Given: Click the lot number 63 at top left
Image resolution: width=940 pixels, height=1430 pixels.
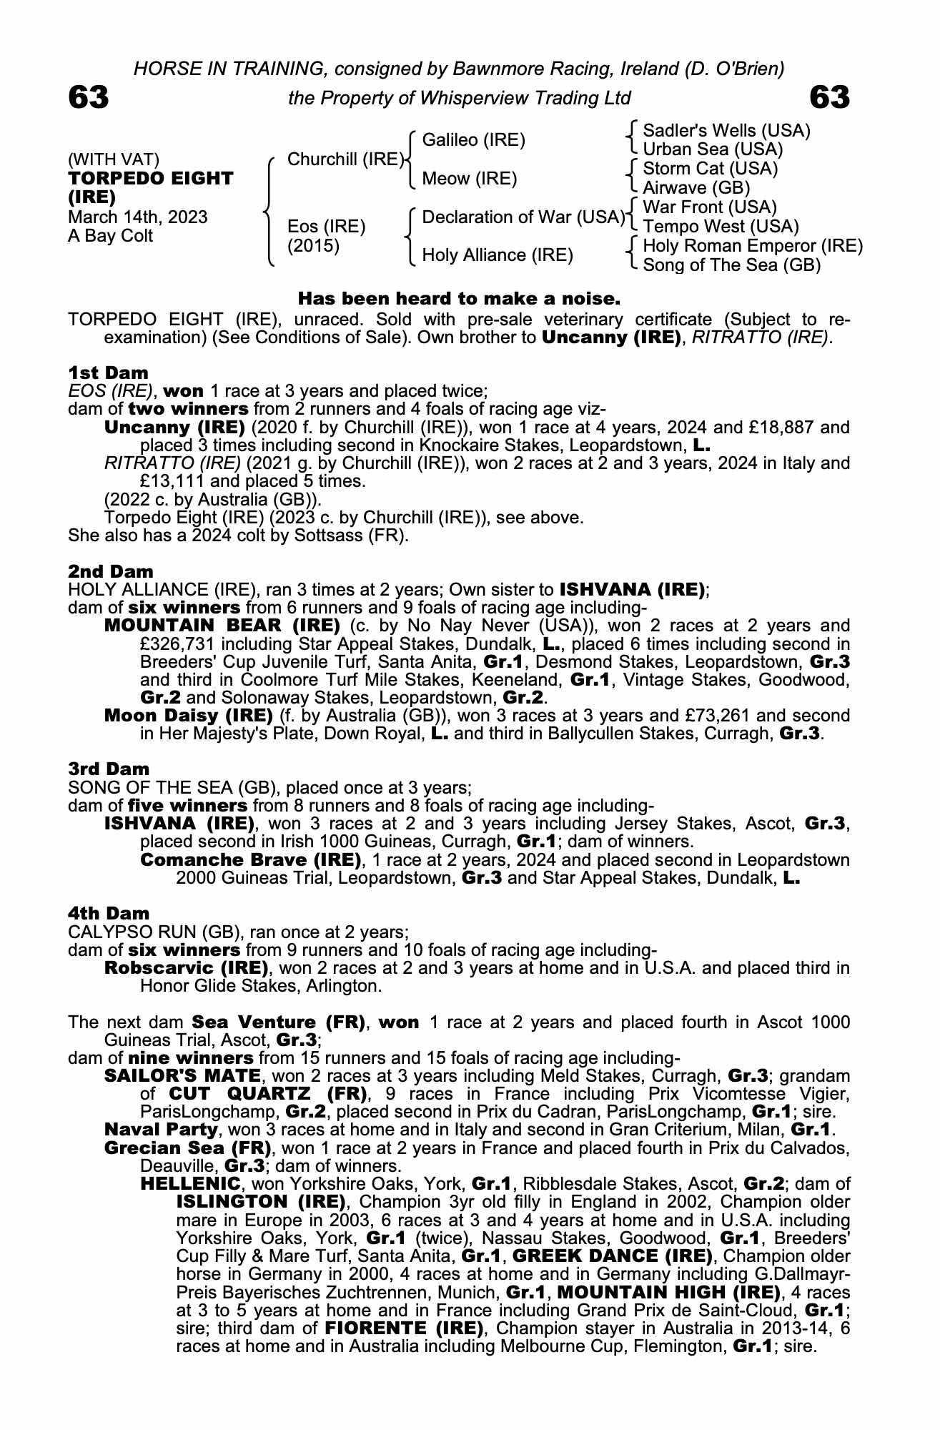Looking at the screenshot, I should [89, 97].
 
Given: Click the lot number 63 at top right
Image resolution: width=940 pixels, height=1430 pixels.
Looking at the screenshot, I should [830, 97].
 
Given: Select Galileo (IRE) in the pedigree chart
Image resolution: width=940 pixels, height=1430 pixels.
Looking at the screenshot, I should [474, 140].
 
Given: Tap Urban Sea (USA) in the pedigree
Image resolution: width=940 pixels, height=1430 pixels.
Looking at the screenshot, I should [713, 149].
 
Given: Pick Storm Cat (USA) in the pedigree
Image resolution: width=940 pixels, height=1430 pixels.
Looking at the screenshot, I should [710, 169].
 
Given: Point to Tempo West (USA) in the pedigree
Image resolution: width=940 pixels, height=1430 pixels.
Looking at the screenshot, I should [721, 227].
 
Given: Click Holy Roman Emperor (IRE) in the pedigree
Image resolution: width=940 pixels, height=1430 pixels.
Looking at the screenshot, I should [753, 246].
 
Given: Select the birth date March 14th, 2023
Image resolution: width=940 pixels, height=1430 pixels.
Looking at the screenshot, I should [138, 217].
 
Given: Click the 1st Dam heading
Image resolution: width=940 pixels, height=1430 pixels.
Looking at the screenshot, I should [109, 373].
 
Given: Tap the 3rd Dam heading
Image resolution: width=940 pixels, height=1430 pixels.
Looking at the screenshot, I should [109, 769].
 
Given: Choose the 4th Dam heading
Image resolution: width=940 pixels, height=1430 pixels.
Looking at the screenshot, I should [109, 913].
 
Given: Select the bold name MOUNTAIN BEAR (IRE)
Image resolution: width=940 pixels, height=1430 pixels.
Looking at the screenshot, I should [222, 626].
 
